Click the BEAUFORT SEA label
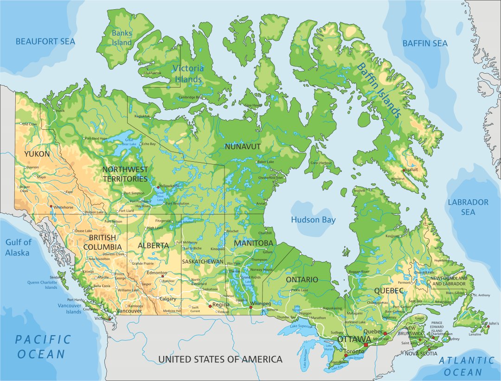[x=45, y=42]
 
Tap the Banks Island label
[x=122, y=38]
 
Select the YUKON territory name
[x=37, y=153]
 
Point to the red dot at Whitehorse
[x=51, y=206]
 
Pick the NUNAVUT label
[x=243, y=147]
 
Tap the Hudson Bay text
[x=313, y=220]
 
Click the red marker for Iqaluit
[x=405, y=169]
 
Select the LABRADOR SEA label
[x=468, y=207]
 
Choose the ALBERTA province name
[x=153, y=245]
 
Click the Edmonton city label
[x=157, y=273]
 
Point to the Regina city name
[x=221, y=305]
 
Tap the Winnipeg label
[x=260, y=304]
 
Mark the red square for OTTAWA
[x=366, y=344]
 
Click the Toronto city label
[x=354, y=351]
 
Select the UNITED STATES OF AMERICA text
[x=220, y=359]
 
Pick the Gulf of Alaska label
[x=18, y=248]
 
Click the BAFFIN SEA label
[x=425, y=44]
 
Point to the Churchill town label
[x=265, y=233]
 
